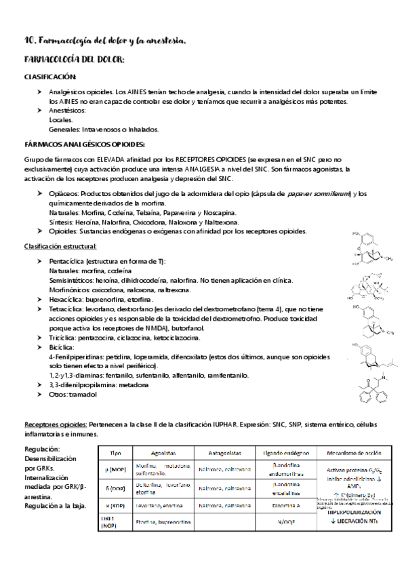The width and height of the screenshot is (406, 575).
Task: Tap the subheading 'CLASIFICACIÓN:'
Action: pyautogui.click(x=50, y=77)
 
